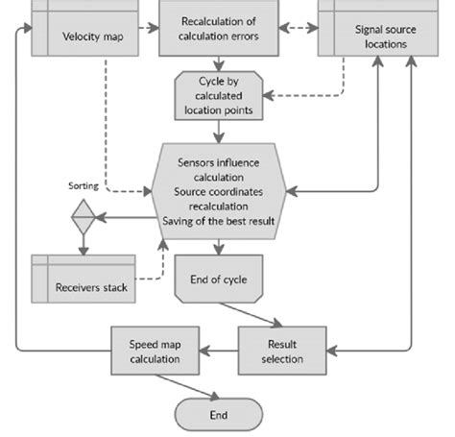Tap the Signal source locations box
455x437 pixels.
pyautogui.click(x=380, y=36)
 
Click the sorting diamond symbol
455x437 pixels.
pyautogui.click(x=83, y=218)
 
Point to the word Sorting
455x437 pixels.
pyautogui.click(x=84, y=184)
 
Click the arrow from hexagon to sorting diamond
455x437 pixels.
pyautogui.click(x=122, y=218)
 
